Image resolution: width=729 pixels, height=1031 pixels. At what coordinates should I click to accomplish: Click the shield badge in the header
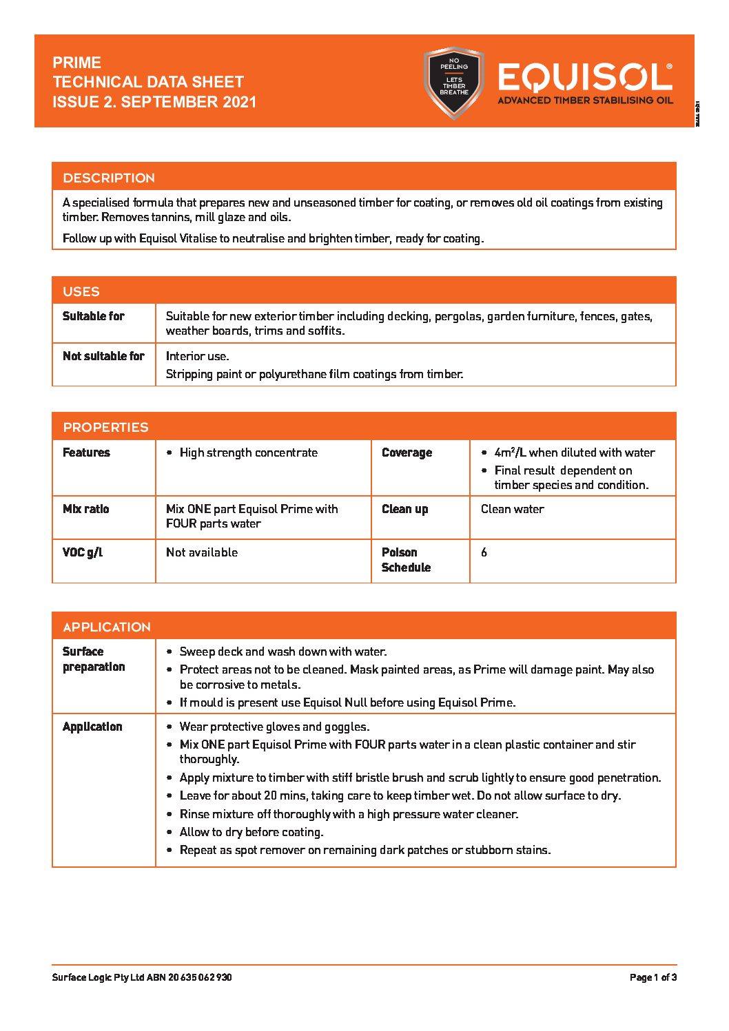(x=453, y=82)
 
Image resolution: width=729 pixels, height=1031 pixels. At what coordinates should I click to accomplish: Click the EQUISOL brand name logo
(x=584, y=77)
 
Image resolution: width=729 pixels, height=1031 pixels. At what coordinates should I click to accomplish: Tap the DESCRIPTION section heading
(x=109, y=178)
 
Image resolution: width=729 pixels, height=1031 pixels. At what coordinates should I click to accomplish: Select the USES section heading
(x=81, y=291)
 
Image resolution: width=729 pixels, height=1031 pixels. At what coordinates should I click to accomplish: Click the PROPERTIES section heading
(x=105, y=427)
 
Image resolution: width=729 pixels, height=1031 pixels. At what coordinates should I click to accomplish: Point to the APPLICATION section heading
(x=107, y=627)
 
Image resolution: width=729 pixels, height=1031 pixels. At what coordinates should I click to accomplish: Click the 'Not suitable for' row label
(x=103, y=356)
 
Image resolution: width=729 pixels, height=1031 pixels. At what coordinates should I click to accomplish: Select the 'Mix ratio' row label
(x=86, y=509)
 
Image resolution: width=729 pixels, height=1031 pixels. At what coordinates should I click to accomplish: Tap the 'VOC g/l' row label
(x=83, y=552)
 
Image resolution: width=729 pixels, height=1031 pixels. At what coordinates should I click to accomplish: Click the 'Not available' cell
(x=202, y=552)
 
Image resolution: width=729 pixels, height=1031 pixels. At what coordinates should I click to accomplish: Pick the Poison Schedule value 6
(x=484, y=552)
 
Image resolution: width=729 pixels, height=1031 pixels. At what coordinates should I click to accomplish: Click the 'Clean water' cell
(x=512, y=509)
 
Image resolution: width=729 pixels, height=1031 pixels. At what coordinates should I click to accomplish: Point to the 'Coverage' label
(x=407, y=452)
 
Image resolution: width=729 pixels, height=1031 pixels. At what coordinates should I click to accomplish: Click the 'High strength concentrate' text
(x=248, y=452)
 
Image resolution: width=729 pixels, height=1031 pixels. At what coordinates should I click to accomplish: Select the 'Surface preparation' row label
(x=94, y=659)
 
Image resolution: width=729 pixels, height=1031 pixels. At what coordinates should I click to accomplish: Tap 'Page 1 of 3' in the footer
(x=653, y=977)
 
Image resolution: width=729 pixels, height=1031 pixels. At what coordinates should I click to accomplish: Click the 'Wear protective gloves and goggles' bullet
(x=274, y=727)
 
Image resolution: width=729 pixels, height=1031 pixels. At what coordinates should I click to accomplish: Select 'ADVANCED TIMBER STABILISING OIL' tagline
(x=585, y=101)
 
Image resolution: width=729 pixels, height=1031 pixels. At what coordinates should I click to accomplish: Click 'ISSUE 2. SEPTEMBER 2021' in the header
(x=154, y=102)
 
